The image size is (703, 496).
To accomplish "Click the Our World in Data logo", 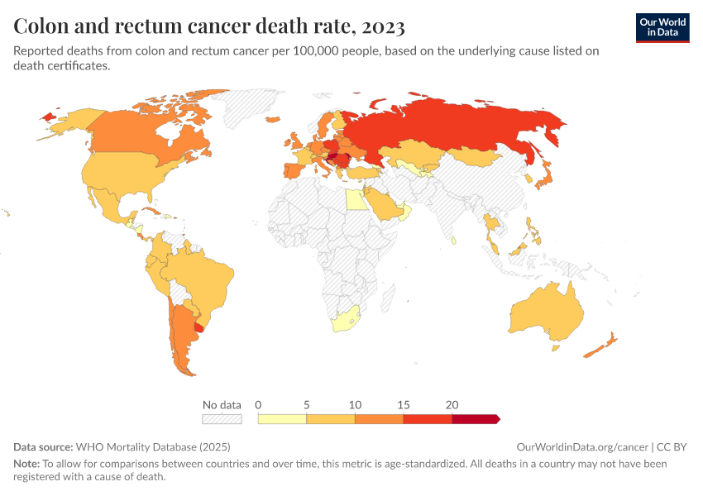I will pyautogui.click(x=662, y=27).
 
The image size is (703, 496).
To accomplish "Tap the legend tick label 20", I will pyautogui.click(x=452, y=405).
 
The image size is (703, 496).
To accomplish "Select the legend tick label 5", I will pyautogui.click(x=307, y=405).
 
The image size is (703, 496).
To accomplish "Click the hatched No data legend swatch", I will pyautogui.click(x=222, y=419).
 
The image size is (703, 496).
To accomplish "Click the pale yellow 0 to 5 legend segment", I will pyautogui.click(x=282, y=419).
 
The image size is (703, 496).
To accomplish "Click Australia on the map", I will pyautogui.click(x=546, y=314).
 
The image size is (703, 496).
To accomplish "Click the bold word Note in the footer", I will pyautogui.click(x=26, y=464).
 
